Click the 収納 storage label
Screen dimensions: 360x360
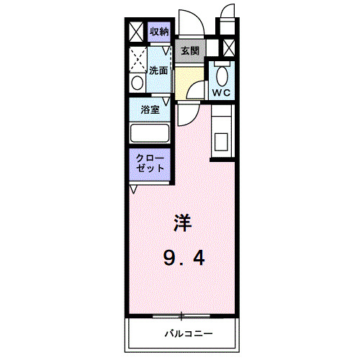point(159,32)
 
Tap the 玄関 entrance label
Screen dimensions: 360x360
point(190,50)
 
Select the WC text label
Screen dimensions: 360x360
point(221,93)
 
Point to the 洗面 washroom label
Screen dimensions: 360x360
point(158,71)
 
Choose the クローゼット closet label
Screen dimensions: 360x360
point(149,161)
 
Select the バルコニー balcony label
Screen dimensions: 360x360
point(187,334)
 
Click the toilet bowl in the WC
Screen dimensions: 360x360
point(222,74)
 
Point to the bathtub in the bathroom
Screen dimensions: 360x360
point(149,133)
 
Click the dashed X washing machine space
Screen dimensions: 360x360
point(137,58)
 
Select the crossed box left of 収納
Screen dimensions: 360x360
point(135,32)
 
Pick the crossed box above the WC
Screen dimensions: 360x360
point(229,48)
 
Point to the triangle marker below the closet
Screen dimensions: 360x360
point(134,189)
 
